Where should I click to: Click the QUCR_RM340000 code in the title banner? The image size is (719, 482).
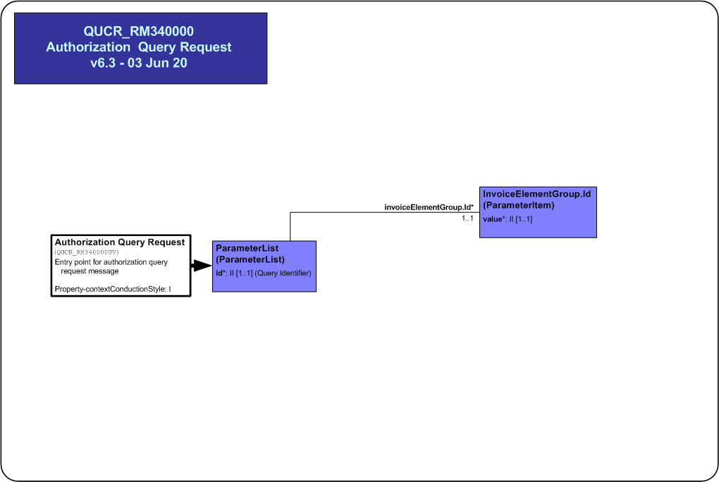(138, 31)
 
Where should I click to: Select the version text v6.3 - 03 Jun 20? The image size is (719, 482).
(138, 63)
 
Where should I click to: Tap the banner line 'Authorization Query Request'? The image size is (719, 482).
(138, 47)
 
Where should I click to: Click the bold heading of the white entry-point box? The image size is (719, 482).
(120, 242)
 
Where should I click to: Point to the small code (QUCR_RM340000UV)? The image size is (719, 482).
(87, 252)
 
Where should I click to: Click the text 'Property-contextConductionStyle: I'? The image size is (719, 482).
(113, 289)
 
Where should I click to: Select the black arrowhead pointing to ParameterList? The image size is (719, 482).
(202, 266)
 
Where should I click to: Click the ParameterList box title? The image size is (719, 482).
(247, 248)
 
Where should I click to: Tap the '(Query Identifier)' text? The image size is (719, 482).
(283, 273)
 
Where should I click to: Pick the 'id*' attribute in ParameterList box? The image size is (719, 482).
(221, 273)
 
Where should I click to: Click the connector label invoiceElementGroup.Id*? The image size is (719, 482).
(429, 207)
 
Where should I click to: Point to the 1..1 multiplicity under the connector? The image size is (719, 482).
(467, 218)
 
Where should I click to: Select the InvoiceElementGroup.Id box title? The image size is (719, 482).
(537, 194)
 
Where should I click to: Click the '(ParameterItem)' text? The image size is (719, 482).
(519, 206)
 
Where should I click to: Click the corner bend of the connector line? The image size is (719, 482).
(290, 212)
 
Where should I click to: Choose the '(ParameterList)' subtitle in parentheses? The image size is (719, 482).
(250, 259)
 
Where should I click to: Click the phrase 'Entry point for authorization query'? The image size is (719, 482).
(111, 262)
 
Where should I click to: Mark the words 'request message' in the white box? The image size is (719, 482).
(90, 271)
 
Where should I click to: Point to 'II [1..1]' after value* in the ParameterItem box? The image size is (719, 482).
(520, 219)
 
